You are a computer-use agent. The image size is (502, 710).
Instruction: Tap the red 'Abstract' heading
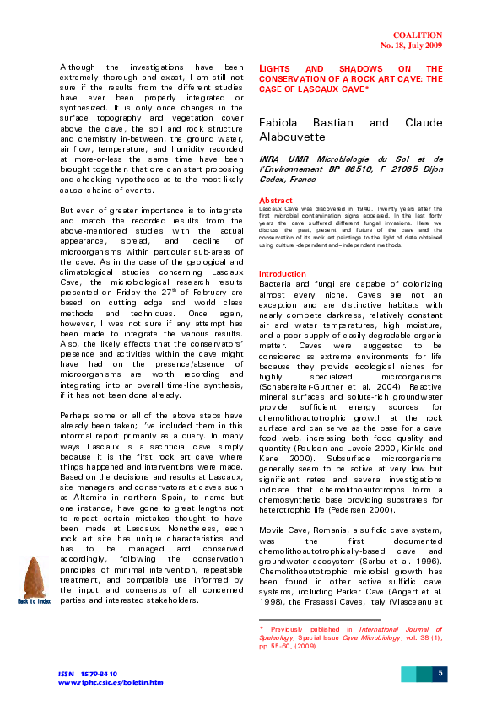(x=275, y=200)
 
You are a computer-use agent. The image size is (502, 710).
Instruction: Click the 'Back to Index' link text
(x=34, y=600)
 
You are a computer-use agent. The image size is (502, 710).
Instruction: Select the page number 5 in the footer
(x=440, y=673)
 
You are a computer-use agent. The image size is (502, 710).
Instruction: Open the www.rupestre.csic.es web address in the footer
(x=110, y=682)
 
